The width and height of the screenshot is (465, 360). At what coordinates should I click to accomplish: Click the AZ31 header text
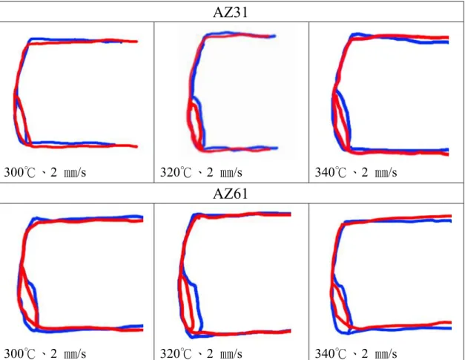pyautogui.click(x=230, y=13)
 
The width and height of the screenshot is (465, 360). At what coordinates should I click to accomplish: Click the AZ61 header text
pyautogui.click(x=230, y=194)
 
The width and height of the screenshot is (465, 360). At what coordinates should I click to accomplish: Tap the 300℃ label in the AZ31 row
pyautogui.click(x=19, y=172)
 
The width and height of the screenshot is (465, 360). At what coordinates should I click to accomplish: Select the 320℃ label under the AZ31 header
pyautogui.click(x=176, y=172)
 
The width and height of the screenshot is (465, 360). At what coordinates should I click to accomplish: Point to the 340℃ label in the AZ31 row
pyautogui.click(x=330, y=172)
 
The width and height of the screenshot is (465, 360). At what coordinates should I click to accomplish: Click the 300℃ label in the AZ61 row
pyautogui.click(x=19, y=353)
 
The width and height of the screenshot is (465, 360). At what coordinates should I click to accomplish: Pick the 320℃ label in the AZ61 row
pyautogui.click(x=176, y=353)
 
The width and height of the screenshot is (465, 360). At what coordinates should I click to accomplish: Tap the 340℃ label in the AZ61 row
pyautogui.click(x=330, y=353)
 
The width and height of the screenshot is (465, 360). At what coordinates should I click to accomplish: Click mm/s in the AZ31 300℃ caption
pyautogui.click(x=75, y=172)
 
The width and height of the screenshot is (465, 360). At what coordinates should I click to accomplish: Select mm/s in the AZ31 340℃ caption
pyautogui.click(x=386, y=172)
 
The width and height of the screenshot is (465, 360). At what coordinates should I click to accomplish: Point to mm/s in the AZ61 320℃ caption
pyautogui.click(x=231, y=354)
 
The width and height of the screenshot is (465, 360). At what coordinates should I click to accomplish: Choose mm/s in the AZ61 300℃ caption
pyautogui.click(x=75, y=354)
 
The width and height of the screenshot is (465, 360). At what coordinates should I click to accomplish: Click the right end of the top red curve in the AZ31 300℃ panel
pyautogui.click(x=137, y=42)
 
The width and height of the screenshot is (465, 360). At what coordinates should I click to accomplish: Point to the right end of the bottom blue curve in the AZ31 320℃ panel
pyautogui.click(x=277, y=148)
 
